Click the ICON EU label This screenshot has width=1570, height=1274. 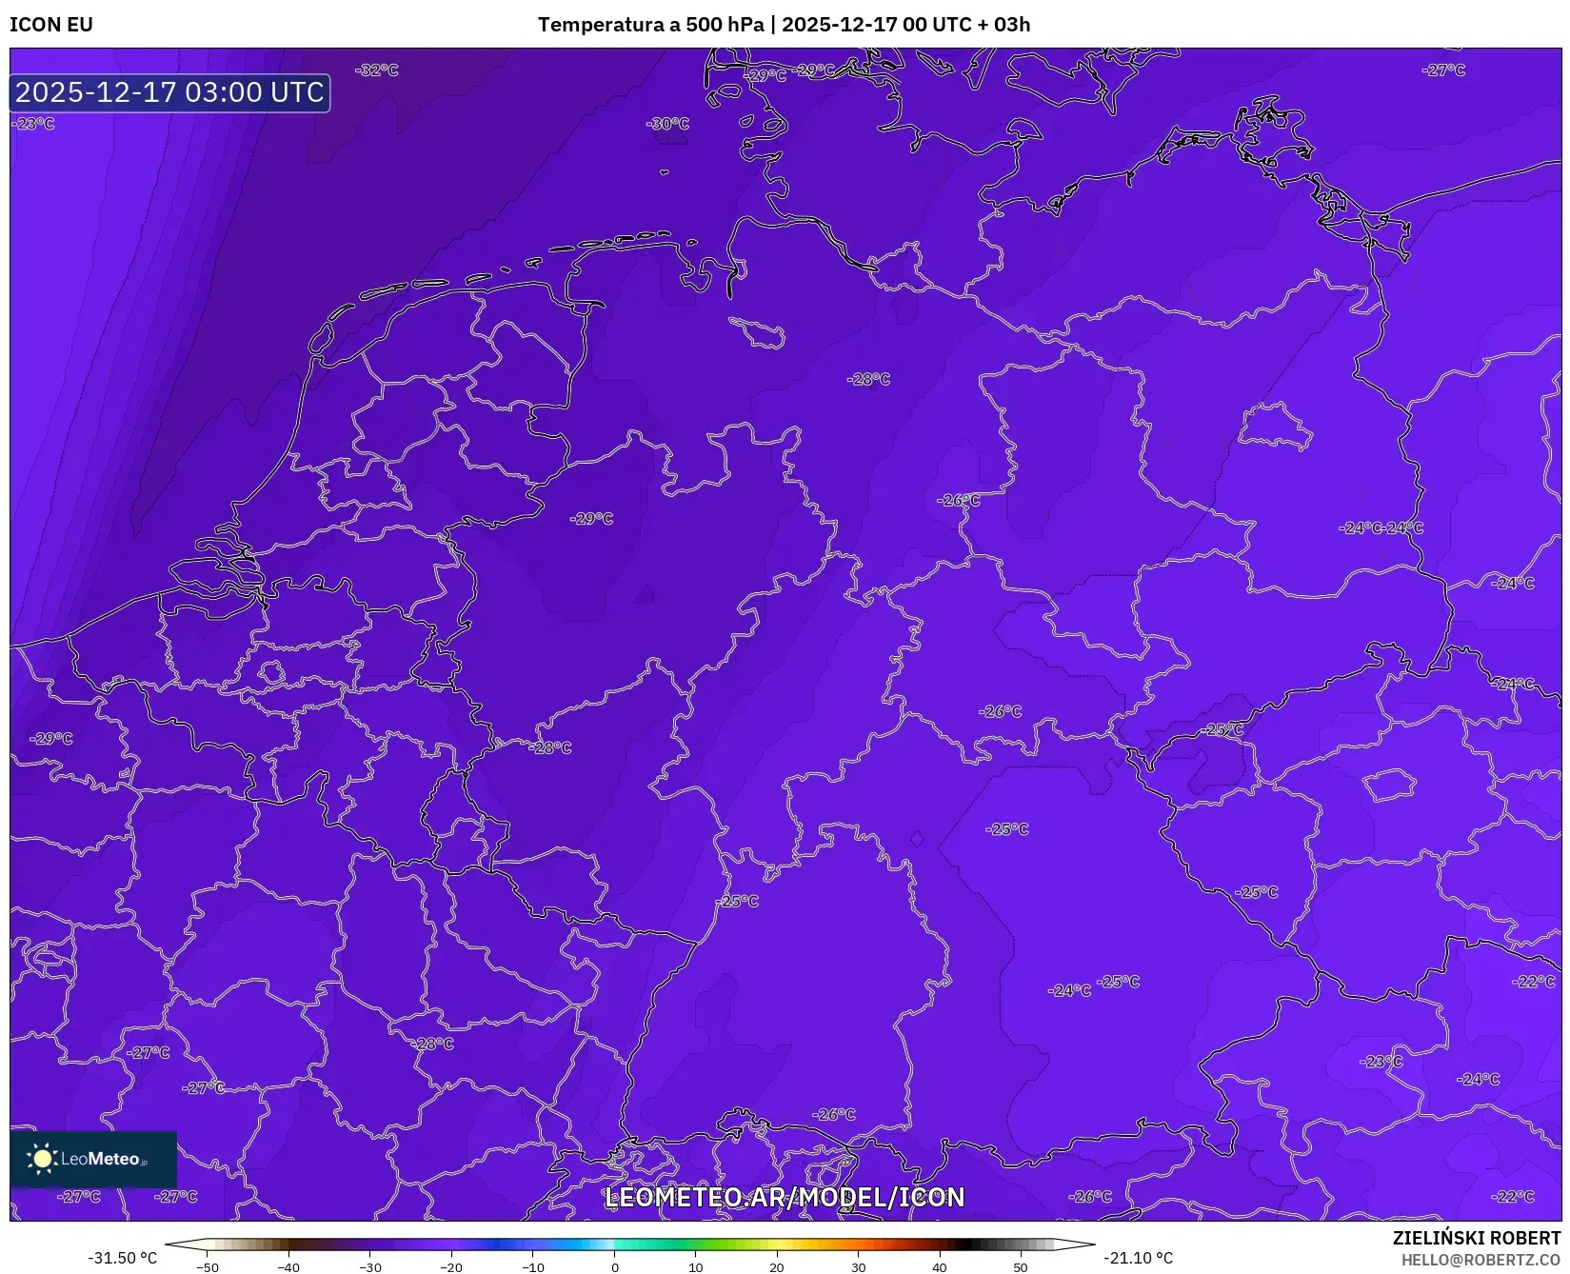click(x=51, y=25)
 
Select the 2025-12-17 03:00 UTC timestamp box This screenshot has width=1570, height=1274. click(x=169, y=92)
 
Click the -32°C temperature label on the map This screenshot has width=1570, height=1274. click(x=377, y=70)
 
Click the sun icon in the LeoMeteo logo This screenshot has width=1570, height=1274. click(x=42, y=1159)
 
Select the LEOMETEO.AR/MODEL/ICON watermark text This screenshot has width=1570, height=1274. click(x=785, y=1197)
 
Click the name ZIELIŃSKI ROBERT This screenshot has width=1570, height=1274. click(x=1477, y=1238)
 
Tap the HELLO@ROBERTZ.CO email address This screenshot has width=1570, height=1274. click(x=1481, y=1260)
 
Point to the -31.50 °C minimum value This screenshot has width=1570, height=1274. click(x=123, y=1258)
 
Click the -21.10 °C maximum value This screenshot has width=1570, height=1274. click(x=1138, y=1258)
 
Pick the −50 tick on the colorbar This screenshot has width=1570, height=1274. click(x=207, y=1266)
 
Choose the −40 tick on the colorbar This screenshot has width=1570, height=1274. click(x=288, y=1266)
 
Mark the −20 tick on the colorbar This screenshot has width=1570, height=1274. click(x=451, y=1266)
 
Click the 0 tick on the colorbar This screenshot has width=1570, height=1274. click(x=615, y=1266)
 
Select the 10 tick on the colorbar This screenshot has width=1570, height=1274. click(x=696, y=1266)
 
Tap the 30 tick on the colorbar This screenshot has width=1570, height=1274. click(x=859, y=1266)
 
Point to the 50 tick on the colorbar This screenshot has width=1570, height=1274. click(x=1021, y=1266)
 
